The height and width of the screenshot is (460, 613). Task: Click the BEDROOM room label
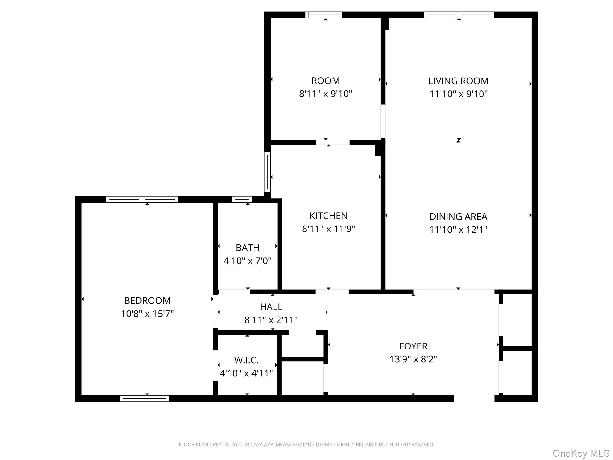tap(147, 300)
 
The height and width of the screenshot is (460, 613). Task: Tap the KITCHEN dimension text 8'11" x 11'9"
tap(328, 229)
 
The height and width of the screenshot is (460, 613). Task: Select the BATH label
tap(247, 248)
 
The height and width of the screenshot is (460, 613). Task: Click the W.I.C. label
tap(246, 360)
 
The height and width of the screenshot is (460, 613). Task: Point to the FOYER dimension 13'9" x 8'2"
tap(413, 359)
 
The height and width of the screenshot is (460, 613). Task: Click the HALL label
tap(271, 307)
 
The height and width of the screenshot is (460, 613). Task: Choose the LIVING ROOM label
tap(458, 81)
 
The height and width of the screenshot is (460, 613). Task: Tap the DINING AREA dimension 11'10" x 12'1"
tap(458, 230)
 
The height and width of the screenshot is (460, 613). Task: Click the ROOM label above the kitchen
tap(325, 81)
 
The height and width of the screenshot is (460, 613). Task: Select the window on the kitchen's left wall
tap(267, 172)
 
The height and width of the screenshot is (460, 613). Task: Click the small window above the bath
tap(242, 199)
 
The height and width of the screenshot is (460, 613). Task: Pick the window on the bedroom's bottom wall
tap(144, 398)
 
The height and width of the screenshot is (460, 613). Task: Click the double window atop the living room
tap(459, 15)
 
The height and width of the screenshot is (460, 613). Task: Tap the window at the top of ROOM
tap(323, 15)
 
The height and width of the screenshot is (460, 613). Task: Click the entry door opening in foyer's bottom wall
tap(474, 398)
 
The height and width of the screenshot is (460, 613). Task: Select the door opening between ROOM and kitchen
tap(333, 143)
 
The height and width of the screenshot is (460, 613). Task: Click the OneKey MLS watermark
tap(581, 453)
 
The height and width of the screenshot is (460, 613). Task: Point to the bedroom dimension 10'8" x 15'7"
tap(147, 314)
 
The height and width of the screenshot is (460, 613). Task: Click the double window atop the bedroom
tap(142, 199)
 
